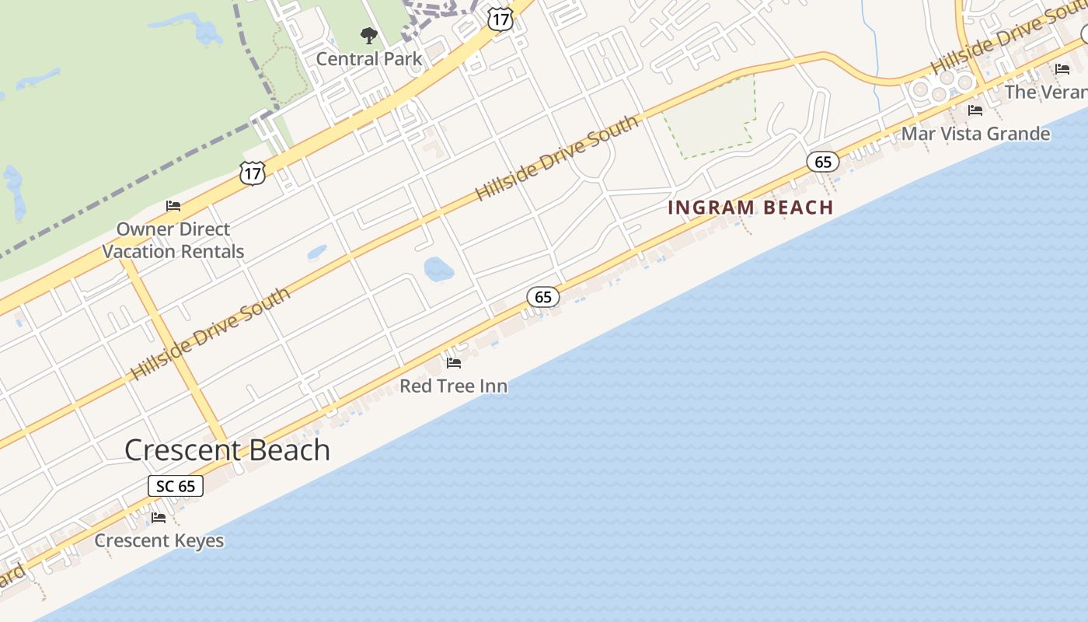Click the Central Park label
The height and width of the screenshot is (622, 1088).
pos(369,59)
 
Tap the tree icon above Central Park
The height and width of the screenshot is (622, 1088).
pos(369,35)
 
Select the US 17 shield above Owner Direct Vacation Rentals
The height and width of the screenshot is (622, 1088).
pos(252,173)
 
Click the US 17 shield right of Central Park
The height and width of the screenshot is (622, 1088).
pos(501,19)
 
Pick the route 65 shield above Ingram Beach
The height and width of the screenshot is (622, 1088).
pos(823,162)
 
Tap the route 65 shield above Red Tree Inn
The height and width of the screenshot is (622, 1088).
pos(543,296)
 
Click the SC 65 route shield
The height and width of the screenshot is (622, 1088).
pos(176,486)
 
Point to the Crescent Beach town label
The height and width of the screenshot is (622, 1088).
pos(227,450)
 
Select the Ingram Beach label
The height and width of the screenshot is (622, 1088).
pos(750,208)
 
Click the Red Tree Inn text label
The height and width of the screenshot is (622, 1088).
pos(453,386)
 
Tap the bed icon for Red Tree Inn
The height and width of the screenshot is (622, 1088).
pos(454,362)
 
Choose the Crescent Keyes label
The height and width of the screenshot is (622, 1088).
pos(159,540)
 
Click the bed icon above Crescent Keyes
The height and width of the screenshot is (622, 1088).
pos(159,517)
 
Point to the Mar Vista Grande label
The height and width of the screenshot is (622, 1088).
pos(975,134)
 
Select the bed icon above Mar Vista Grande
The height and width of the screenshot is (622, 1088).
pos(975,110)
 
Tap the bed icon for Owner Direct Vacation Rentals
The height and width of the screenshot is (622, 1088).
pos(173,206)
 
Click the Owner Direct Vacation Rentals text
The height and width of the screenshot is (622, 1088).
pos(173,240)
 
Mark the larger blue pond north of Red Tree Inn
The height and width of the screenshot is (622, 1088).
pos(438,269)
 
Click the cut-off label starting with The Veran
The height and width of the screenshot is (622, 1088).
pos(1046,92)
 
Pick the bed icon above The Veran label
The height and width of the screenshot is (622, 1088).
pos(1062,69)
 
